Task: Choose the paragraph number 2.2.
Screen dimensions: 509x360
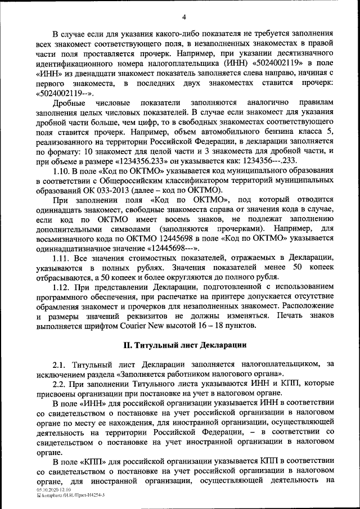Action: tap(60, 384)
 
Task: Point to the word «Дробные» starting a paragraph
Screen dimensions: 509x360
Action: tap(69, 102)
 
